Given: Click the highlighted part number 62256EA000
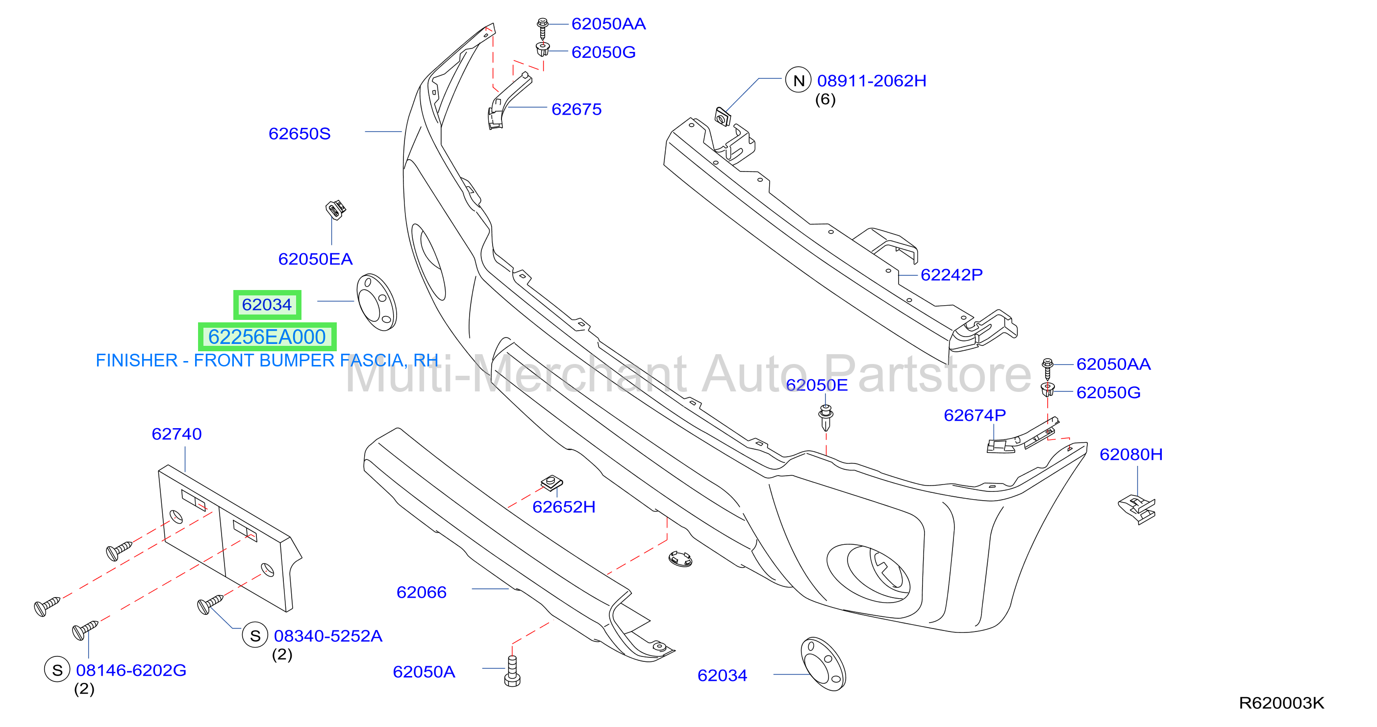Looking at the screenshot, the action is pos(267,337).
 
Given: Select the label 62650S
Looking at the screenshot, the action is pos(300,134).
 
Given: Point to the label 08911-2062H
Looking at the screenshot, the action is pos(871,81).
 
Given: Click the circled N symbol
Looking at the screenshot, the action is pos(798,80).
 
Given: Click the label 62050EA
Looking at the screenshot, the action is pos(315,259).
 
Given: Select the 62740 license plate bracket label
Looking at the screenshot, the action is pos(176,434).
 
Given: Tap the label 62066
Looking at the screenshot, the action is pos(421,592).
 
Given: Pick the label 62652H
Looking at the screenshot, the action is pos(564,507).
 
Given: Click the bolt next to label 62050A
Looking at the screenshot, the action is pos(512,672).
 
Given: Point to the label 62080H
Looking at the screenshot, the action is pos(1131,454).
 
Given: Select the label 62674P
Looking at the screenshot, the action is pos(975,415).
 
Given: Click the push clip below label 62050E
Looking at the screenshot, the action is pos(826,417).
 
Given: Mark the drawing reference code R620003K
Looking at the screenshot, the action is pos(1281,703).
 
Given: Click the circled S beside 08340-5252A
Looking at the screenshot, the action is pos(255,635).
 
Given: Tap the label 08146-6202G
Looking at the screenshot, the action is pos(131,670).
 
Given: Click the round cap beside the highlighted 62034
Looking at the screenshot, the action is pos(376,302).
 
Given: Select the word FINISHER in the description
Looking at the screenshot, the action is pos(136,361).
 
